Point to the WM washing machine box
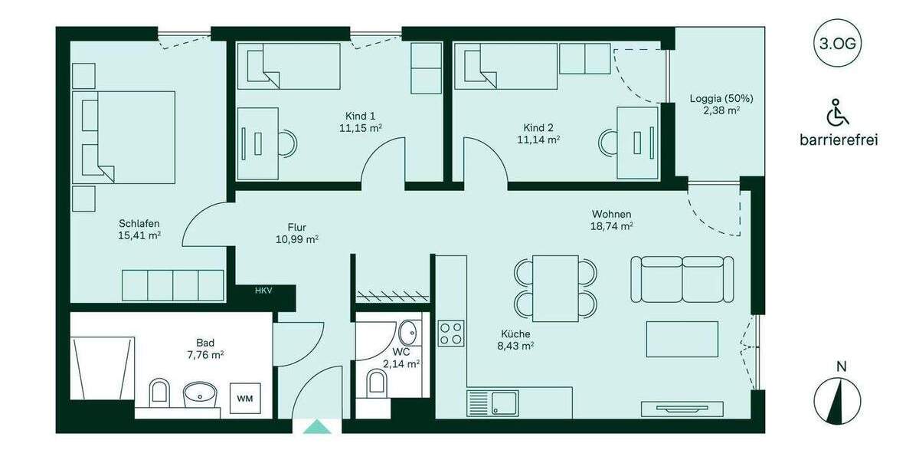tap(244, 398)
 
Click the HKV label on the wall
tap(264, 291)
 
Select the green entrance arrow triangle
tap(316, 426)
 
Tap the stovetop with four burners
tap(450, 333)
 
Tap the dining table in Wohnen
tap(555, 287)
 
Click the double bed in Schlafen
tap(125, 137)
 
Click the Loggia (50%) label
tap(721, 98)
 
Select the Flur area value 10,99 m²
tap(297, 239)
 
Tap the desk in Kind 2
tap(637, 143)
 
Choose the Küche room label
tap(515, 333)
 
